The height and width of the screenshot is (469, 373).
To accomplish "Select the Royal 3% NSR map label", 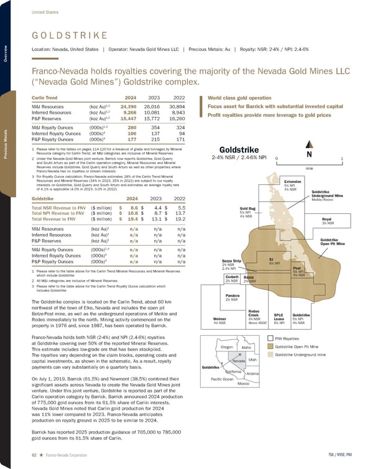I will [x=328, y=220].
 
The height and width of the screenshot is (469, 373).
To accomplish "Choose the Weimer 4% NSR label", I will [x=219, y=320].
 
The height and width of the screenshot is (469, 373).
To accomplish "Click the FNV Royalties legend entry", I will [x=287, y=338].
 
